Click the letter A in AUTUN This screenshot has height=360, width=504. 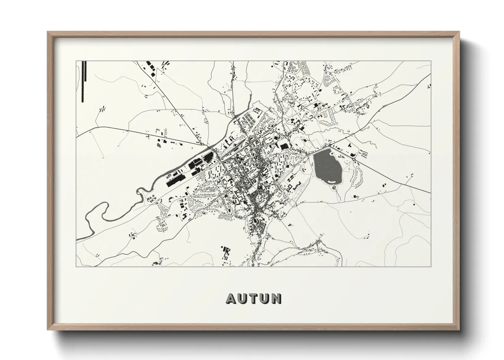(x=231, y=298)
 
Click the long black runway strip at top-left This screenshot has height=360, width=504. (x=84, y=81)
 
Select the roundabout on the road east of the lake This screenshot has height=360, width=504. (x=355, y=159)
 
